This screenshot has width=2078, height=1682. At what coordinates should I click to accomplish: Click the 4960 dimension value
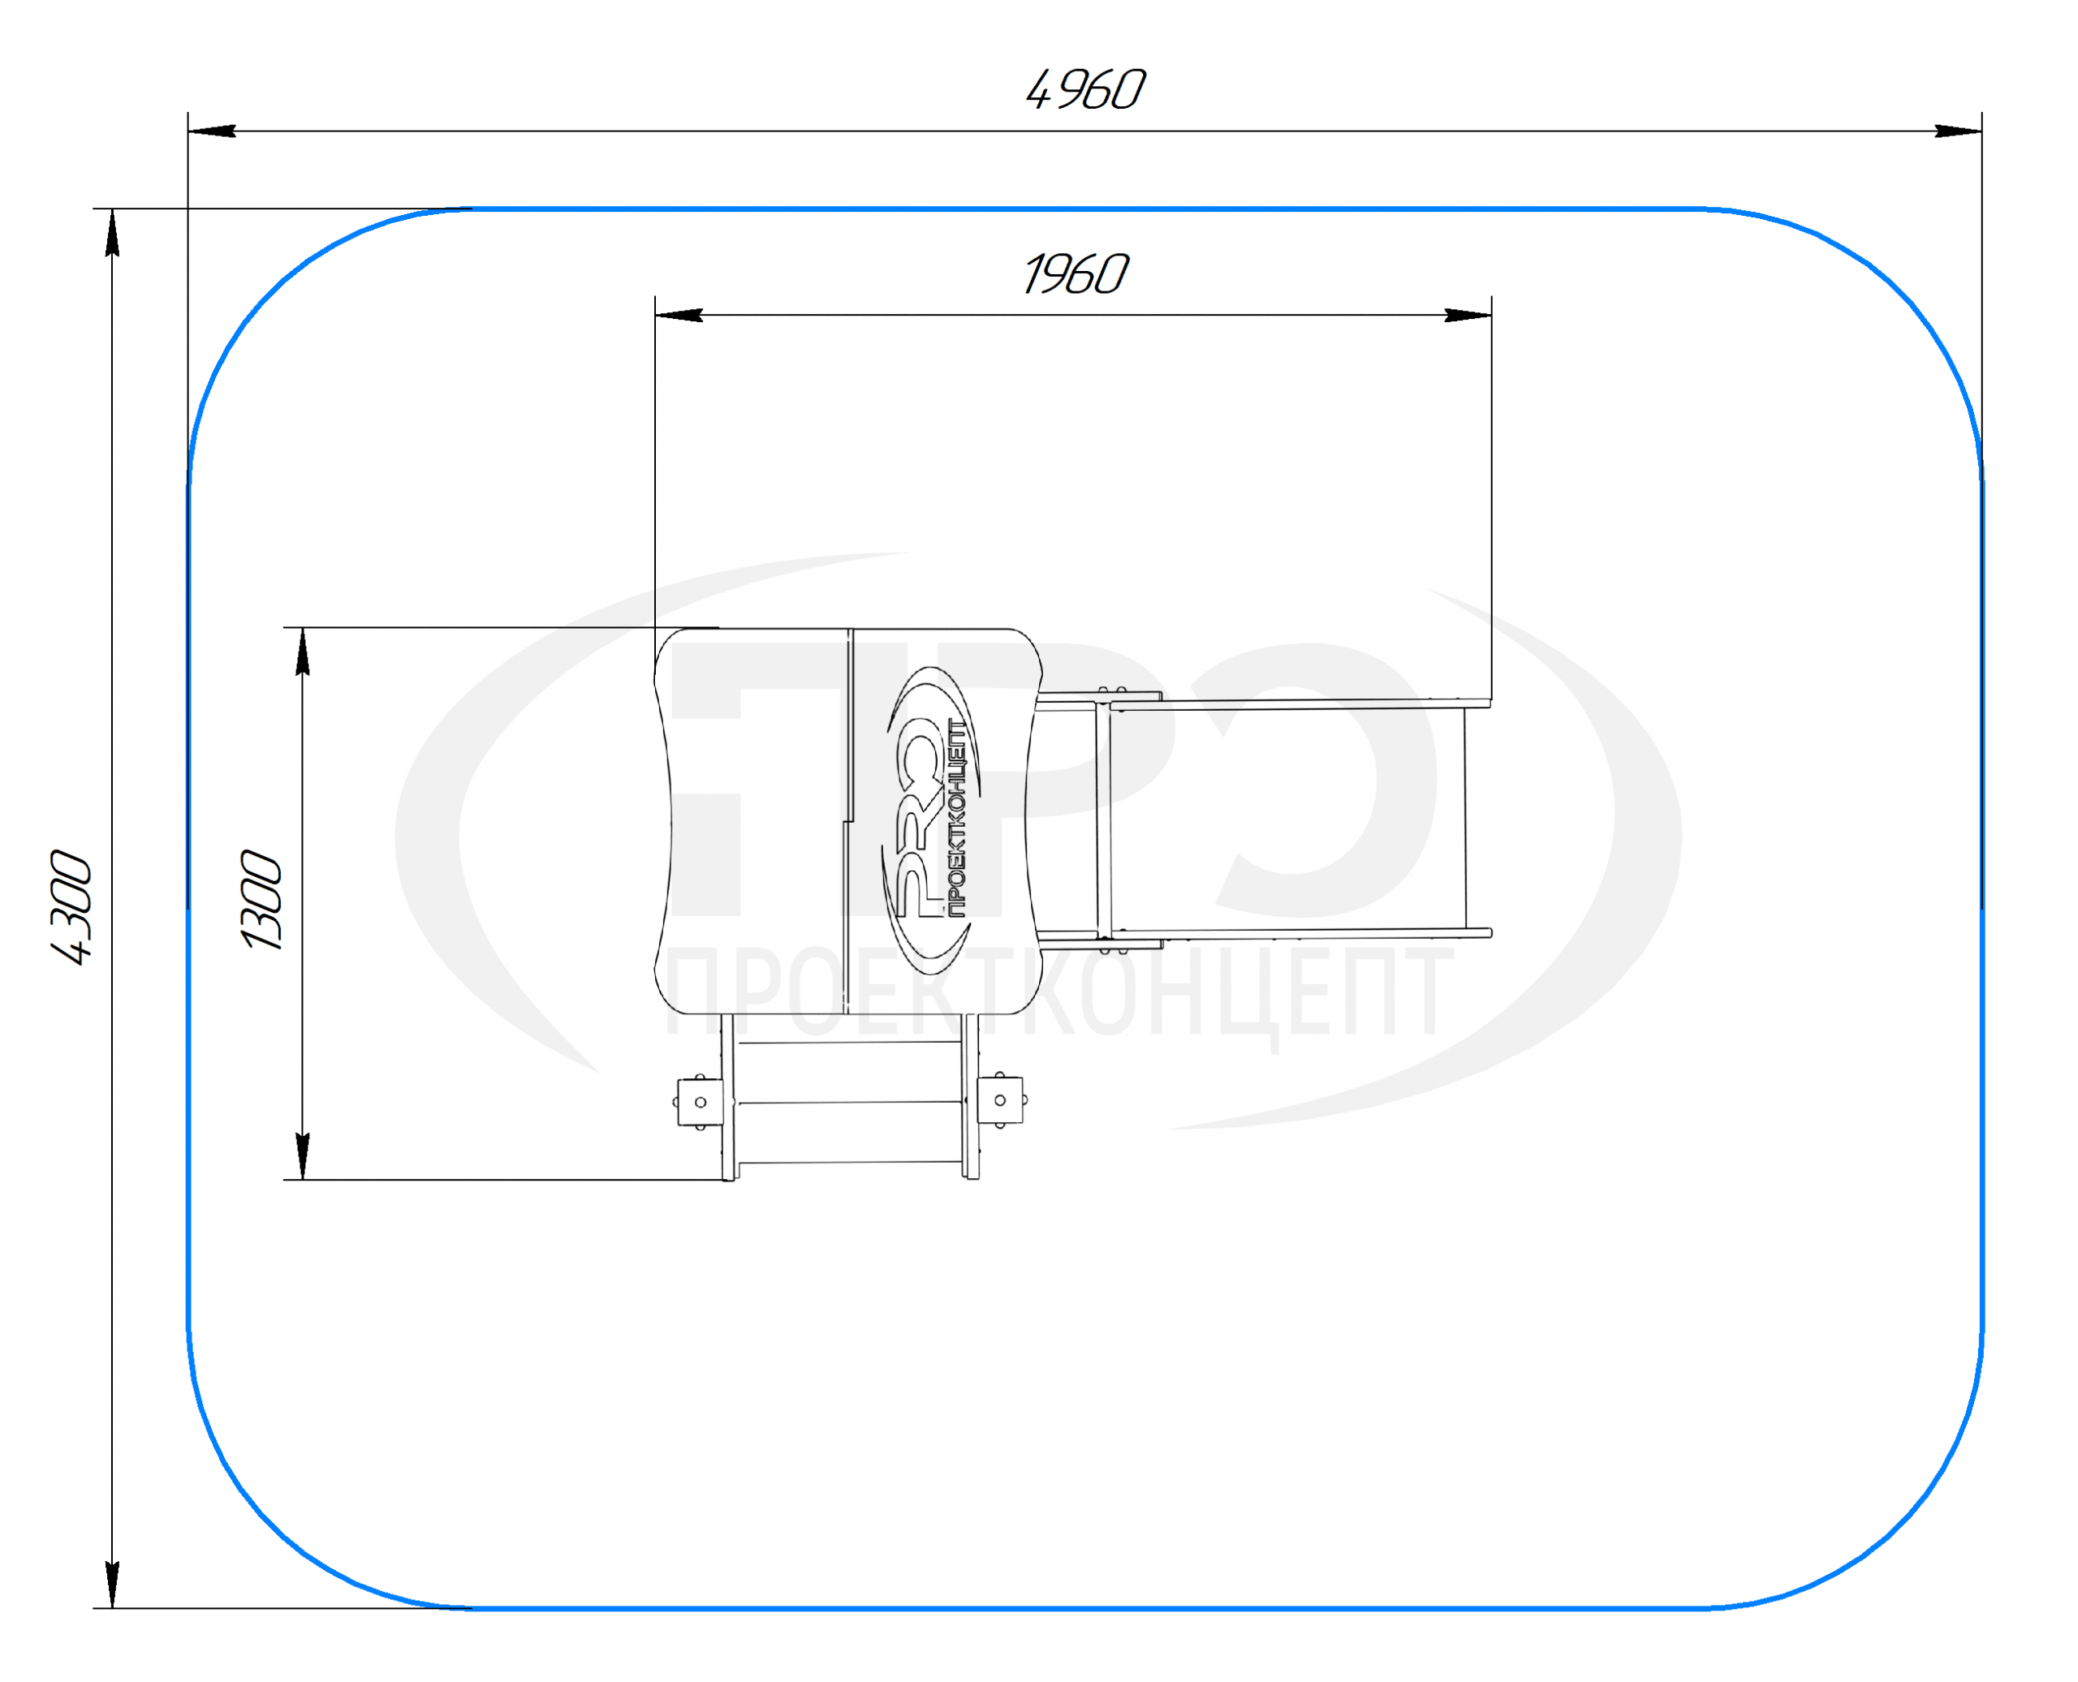coord(1085,90)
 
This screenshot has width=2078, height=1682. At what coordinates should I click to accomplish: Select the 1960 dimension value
coord(1076,274)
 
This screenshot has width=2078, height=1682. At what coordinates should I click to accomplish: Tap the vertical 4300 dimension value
coord(71,907)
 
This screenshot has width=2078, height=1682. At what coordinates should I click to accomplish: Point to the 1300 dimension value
coord(261,899)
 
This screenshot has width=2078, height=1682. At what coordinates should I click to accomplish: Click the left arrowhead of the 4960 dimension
coord(212,131)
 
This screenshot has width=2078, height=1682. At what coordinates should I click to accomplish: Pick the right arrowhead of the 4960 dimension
coord(1958,131)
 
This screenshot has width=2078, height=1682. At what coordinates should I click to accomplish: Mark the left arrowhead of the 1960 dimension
coord(679,315)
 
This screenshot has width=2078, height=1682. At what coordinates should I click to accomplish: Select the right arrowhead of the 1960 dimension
coord(1468,315)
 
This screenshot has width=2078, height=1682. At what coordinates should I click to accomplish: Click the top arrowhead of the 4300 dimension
coord(113,233)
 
